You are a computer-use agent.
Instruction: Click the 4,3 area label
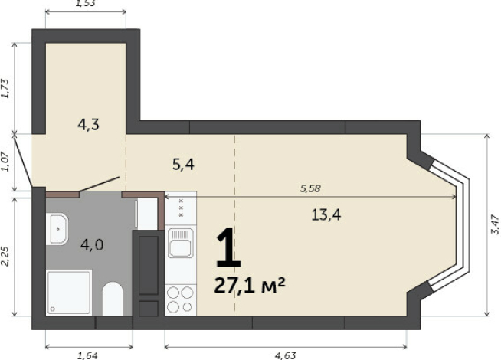[x=89, y=124]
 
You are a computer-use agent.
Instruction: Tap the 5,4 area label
[x=183, y=165]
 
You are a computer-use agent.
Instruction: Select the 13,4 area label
[x=326, y=214]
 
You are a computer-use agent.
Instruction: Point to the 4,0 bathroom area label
[x=92, y=245]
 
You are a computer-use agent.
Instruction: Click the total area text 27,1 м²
[x=250, y=285]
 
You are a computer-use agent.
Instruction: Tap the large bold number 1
[x=228, y=248]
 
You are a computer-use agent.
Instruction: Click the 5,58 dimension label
[x=310, y=188]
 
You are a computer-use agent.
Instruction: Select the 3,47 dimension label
[x=495, y=224]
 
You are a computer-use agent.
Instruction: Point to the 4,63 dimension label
[x=286, y=355]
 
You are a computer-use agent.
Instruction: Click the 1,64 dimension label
[x=87, y=355]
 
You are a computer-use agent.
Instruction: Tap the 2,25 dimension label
[x=5, y=256]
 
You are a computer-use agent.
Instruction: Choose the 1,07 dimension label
[x=5, y=162]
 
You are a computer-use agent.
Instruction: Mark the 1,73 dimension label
[x=5, y=88]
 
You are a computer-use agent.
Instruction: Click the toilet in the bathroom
[x=113, y=299]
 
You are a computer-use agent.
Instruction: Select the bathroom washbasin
[x=57, y=229]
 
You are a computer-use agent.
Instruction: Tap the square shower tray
[x=69, y=293]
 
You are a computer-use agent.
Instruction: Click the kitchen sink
[x=181, y=243]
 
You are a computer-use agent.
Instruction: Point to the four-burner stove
[x=181, y=299]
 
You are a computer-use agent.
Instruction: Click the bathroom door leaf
[x=100, y=184]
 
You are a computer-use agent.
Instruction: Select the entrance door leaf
[x=23, y=162]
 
